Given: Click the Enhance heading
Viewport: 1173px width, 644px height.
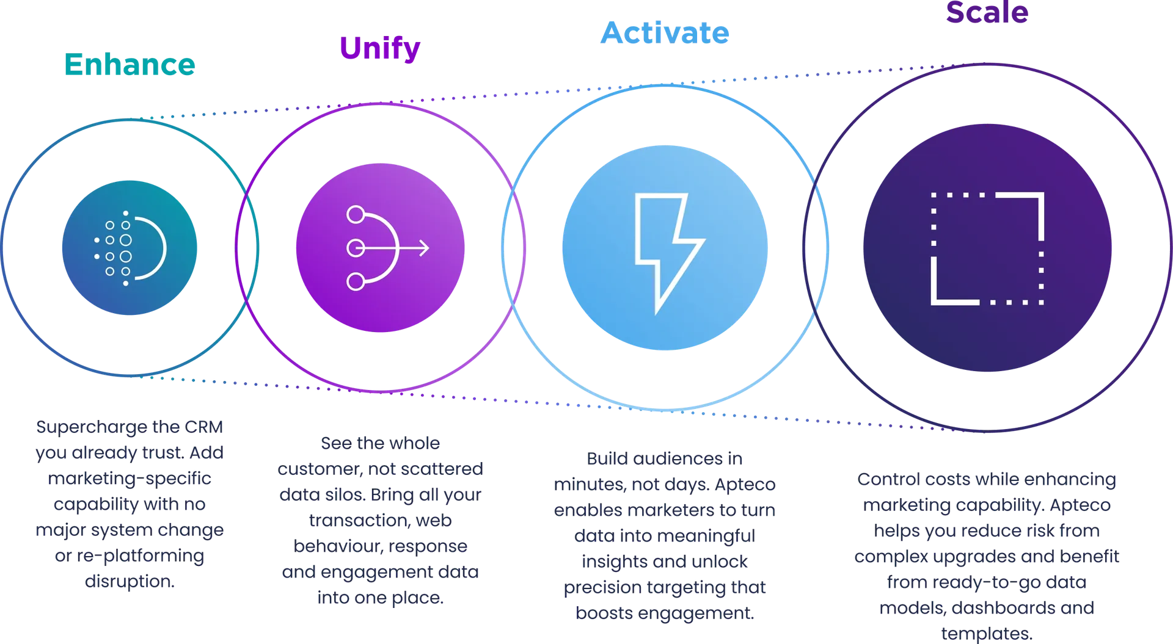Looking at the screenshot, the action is pos(130,64).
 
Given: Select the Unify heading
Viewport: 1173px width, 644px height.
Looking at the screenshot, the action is pos(380,48).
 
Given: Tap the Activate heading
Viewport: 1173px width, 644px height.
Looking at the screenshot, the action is pos(665,32).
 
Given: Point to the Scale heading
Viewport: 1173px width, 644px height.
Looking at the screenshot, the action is pos(987,12).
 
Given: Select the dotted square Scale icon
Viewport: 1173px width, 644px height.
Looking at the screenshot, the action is pos(987,248).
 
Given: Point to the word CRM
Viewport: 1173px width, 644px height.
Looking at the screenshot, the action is pos(203,427).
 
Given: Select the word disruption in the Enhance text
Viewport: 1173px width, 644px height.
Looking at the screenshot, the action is pos(130,581).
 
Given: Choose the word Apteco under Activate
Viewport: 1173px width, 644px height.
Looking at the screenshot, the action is pos(745,485).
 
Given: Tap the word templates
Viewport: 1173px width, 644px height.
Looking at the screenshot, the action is pos(987,634).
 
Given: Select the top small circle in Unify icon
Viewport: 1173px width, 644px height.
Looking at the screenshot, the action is pos(356,215).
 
